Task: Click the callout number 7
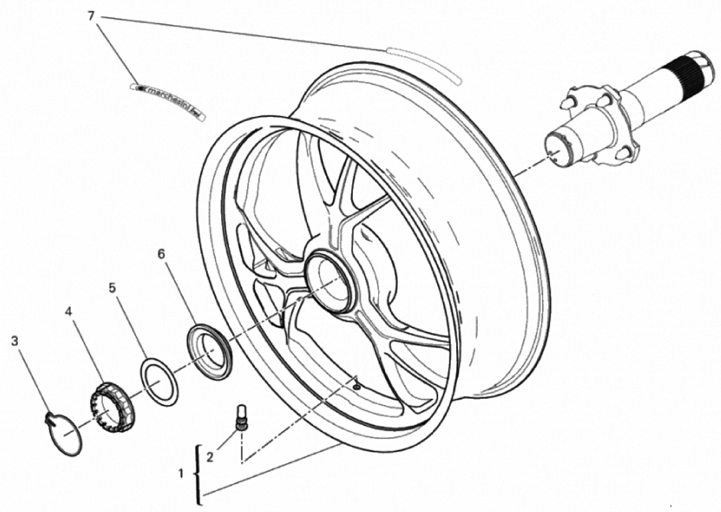tap(91, 16)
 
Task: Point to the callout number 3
tap(14, 341)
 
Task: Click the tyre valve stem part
tap(242, 417)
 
